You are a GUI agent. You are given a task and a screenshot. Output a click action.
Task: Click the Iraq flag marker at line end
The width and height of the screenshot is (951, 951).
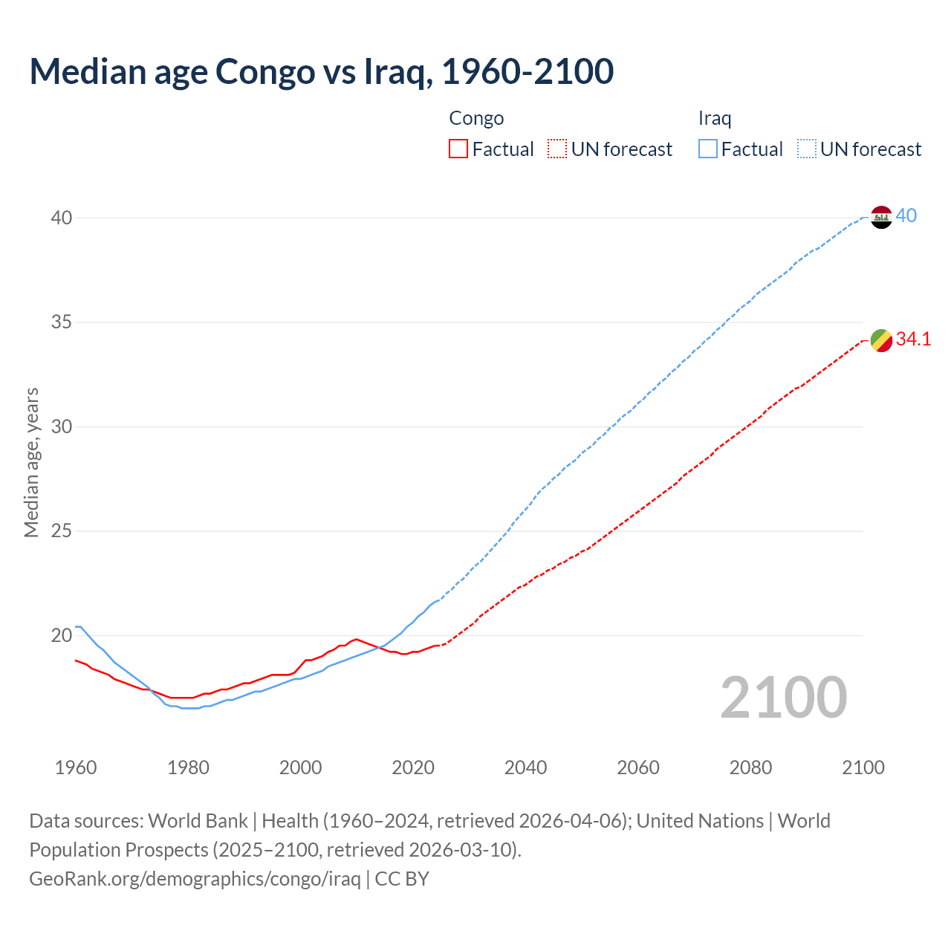[x=880, y=217]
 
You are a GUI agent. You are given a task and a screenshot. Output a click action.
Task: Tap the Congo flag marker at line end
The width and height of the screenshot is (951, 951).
[x=880, y=340]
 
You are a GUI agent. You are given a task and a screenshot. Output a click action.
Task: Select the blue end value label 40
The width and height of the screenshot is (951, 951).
[x=906, y=216]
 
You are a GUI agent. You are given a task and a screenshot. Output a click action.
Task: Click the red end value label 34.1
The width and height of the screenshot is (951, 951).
[x=913, y=340]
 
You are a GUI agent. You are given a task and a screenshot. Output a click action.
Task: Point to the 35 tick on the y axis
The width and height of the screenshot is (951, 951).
[x=61, y=322]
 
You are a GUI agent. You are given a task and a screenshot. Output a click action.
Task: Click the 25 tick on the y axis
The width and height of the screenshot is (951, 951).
[x=61, y=531]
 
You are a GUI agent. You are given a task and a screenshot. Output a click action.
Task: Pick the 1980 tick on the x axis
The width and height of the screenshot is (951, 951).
[x=188, y=767]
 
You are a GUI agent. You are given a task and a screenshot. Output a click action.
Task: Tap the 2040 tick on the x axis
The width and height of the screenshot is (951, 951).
[x=525, y=767]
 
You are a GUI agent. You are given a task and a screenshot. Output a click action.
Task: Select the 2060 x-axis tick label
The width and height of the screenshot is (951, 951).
[x=638, y=767]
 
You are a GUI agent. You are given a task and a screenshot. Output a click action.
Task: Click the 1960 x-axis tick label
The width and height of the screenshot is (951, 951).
[x=76, y=767]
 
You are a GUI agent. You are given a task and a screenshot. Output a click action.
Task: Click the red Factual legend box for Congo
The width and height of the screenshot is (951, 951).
[x=458, y=149]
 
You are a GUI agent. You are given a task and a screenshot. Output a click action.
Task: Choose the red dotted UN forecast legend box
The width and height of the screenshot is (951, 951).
[x=557, y=149]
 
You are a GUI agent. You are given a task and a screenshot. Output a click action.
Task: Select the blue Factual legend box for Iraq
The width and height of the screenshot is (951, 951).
[x=708, y=149]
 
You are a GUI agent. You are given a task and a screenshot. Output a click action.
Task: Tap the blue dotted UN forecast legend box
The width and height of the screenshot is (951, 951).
[x=807, y=149]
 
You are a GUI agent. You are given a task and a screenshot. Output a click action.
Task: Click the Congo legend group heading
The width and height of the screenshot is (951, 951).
[x=476, y=118]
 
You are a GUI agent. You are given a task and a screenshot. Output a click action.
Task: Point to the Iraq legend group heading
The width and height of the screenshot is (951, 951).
[x=715, y=118]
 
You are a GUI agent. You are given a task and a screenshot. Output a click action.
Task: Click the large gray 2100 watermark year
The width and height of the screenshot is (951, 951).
[x=783, y=698]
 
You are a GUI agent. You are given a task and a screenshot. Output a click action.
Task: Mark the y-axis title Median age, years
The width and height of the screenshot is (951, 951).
[x=31, y=462]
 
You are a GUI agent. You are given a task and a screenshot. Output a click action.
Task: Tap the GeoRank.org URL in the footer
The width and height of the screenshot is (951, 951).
[x=195, y=879]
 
